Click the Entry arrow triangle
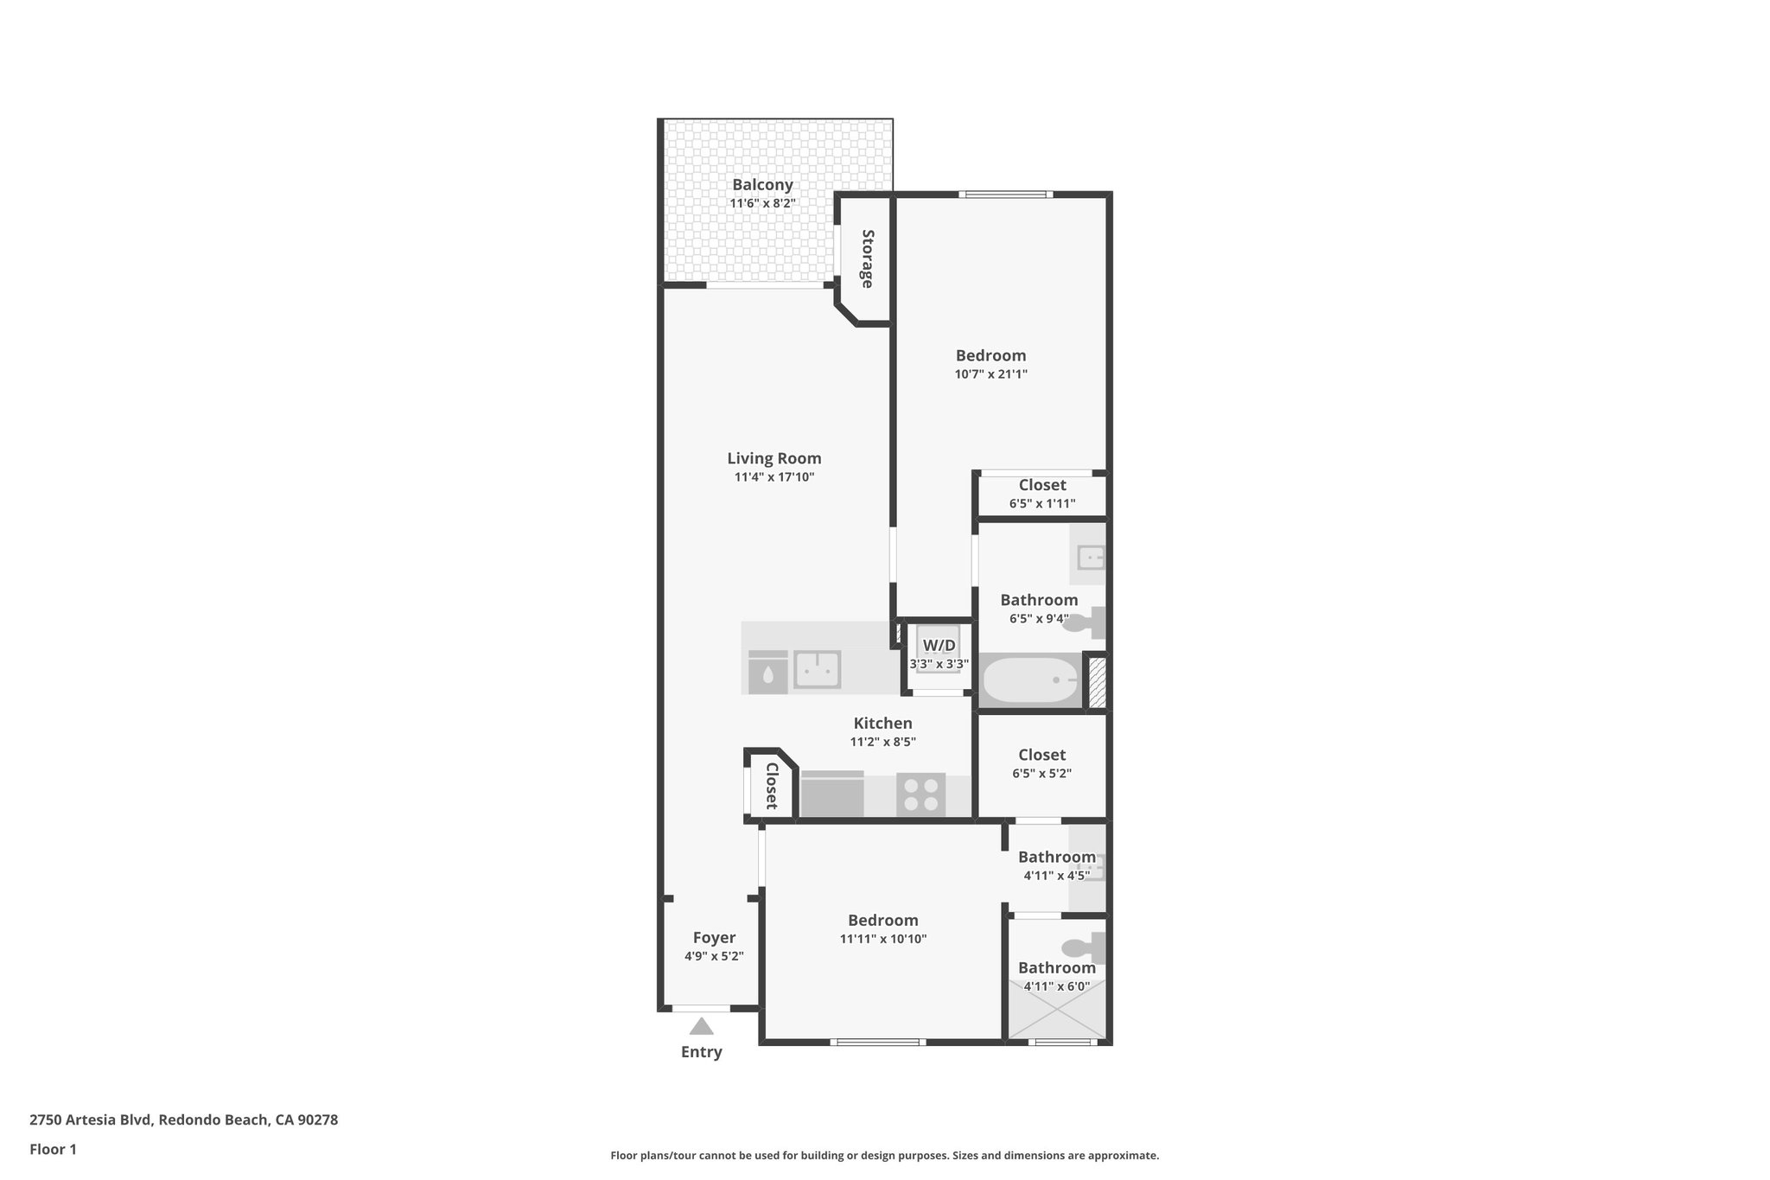click(x=701, y=1027)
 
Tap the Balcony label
click(x=762, y=184)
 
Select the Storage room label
click(x=867, y=258)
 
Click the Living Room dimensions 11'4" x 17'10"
click(x=774, y=477)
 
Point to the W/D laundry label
click(x=939, y=646)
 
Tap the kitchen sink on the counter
click(x=817, y=669)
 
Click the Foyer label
click(x=714, y=938)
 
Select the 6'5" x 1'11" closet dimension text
click(x=1041, y=503)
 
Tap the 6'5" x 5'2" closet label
click(x=1041, y=755)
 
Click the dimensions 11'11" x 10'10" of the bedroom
click(x=882, y=939)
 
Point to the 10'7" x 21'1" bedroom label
click(x=990, y=355)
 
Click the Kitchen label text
click(x=882, y=724)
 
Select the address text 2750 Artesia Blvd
click(x=92, y=1120)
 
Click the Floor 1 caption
click(x=53, y=1150)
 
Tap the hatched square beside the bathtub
click(x=1097, y=683)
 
